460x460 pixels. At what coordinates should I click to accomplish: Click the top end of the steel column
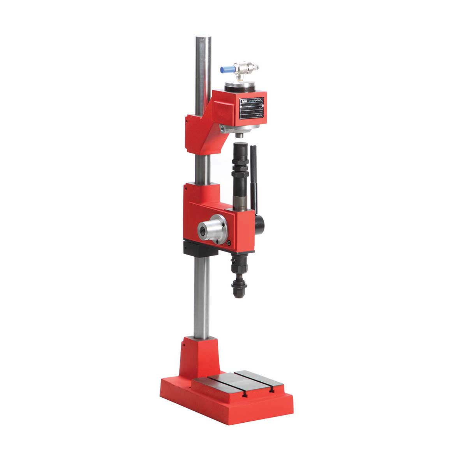(x=203, y=38)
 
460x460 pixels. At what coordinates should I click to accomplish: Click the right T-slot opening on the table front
(x=271, y=388)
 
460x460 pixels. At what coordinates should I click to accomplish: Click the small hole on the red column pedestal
(x=182, y=344)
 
